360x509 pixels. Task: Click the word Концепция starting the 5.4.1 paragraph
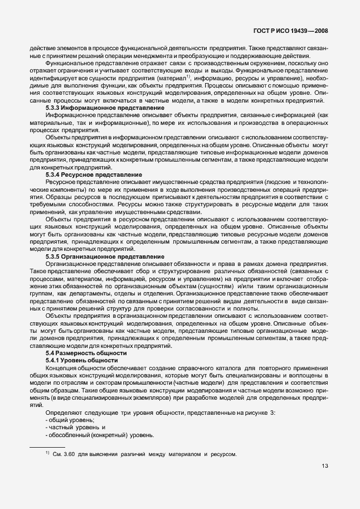[62, 368]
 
